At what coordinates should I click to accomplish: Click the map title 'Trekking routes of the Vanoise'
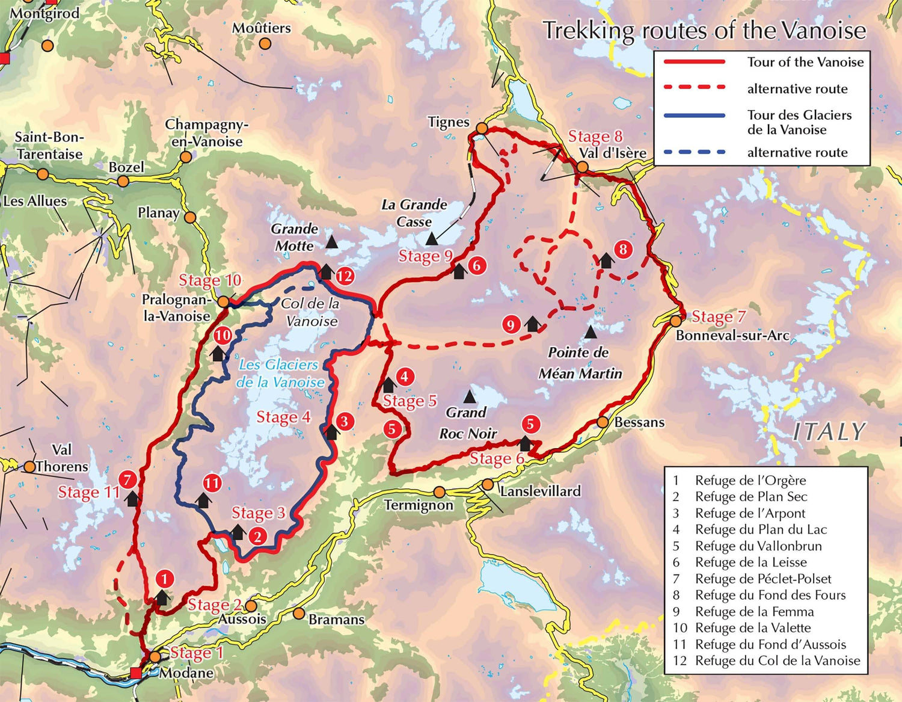tap(704, 31)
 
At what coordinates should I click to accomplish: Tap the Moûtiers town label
tap(261, 28)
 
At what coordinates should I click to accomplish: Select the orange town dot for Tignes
tap(482, 128)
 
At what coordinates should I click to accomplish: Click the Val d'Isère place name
tap(613, 153)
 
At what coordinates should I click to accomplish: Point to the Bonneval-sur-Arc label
tap(732, 336)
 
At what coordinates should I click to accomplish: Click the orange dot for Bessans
tap(603, 422)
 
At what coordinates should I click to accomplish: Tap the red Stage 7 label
tap(719, 316)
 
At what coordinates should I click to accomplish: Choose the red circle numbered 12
tap(345, 276)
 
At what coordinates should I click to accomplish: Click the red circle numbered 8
tap(623, 249)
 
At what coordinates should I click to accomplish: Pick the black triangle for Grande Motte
tap(331, 242)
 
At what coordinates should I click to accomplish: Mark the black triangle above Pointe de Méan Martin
tap(591, 332)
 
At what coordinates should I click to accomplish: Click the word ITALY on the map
tap(829, 432)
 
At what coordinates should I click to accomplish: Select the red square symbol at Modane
tap(137, 673)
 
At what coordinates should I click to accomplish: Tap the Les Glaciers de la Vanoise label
tap(280, 374)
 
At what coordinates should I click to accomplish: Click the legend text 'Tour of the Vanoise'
tap(805, 62)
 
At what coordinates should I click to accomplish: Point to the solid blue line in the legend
tap(695, 115)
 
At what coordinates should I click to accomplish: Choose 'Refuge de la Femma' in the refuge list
tap(754, 612)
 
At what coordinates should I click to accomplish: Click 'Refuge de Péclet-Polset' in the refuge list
tap(762, 579)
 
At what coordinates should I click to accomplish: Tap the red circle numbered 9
tap(511, 325)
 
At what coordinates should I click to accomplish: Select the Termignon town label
tap(419, 505)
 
